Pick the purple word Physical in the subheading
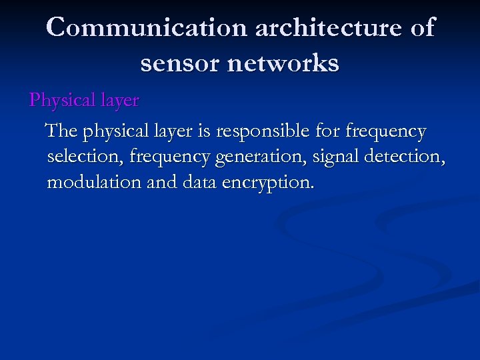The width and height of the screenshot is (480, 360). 63,101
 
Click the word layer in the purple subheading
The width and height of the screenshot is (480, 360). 120,101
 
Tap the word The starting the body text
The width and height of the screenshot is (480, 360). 61,132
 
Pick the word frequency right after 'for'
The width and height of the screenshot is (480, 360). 385,132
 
